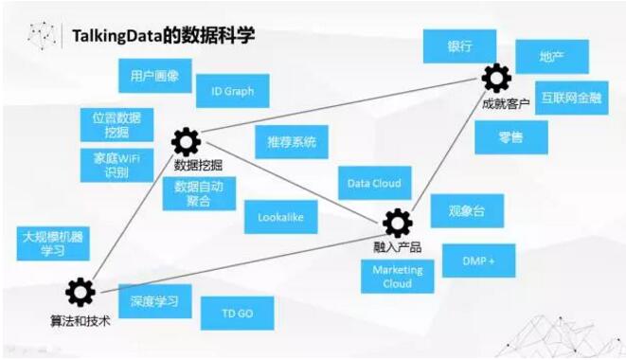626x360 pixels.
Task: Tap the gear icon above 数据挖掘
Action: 186,143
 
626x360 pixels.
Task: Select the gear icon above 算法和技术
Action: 80,290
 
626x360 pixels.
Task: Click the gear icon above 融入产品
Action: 398,223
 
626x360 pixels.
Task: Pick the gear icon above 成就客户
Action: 495,77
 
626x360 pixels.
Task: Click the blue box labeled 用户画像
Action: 155,74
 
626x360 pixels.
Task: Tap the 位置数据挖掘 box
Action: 112,123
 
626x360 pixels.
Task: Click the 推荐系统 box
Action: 292,142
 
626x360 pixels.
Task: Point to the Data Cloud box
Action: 373,183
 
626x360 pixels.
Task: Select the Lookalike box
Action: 280,217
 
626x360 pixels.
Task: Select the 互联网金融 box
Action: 575,98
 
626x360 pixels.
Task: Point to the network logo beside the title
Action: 44,35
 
